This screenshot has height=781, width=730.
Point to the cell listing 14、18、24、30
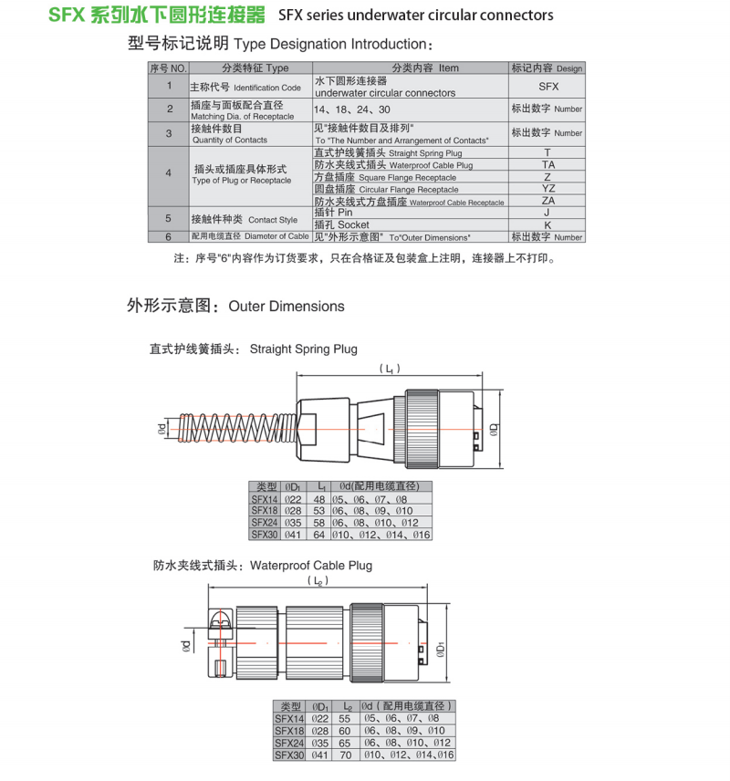coord(351,109)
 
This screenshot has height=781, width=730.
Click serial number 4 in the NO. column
coord(168,172)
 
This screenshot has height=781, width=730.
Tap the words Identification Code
coord(267,88)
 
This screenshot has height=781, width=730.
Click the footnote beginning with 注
coord(363,258)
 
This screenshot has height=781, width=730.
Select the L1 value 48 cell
coord(319,499)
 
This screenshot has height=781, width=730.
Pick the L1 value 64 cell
coord(319,535)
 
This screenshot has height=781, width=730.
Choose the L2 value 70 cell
coord(345,755)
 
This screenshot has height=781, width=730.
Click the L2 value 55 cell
coord(345,719)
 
